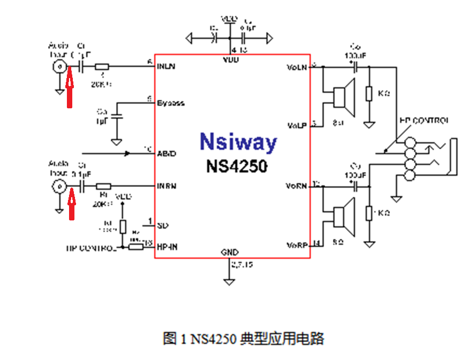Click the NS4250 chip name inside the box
pyautogui.click(x=236, y=166)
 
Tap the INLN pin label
pyautogui.click(x=166, y=68)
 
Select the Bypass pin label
pyautogui.click(x=171, y=102)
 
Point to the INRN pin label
pyautogui.click(x=167, y=186)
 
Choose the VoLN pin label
pyautogui.click(x=297, y=67)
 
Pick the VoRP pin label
pyautogui.click(x=297, y=246)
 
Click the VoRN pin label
pyautogui.click(x=297, y=186)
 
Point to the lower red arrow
pyautogui.click(x=72, y=205)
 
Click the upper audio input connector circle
pyautogui.click(x=58, y=67)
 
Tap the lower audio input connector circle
pyautogui.click(x=58, y=186)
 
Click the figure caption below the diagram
pyautogui.click(x=243, y=339)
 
